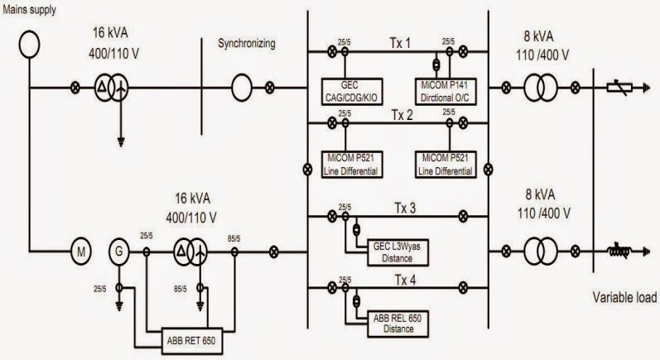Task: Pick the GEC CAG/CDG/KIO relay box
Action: click(x=349, y=93)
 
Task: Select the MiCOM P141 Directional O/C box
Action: click(x=447, y=93)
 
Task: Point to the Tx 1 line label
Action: click(x=401, y=42)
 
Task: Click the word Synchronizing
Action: click(x=246, y=42)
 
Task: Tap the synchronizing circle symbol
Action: click(x=241, y=85)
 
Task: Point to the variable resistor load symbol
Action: click(x=621, y=85)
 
